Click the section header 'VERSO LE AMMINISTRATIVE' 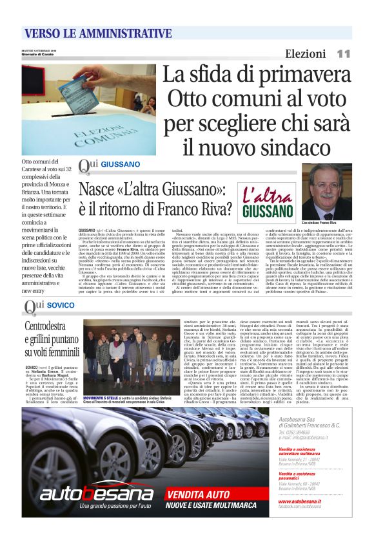(97, 33)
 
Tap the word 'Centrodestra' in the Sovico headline (50, 326)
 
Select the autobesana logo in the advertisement (97, 492)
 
